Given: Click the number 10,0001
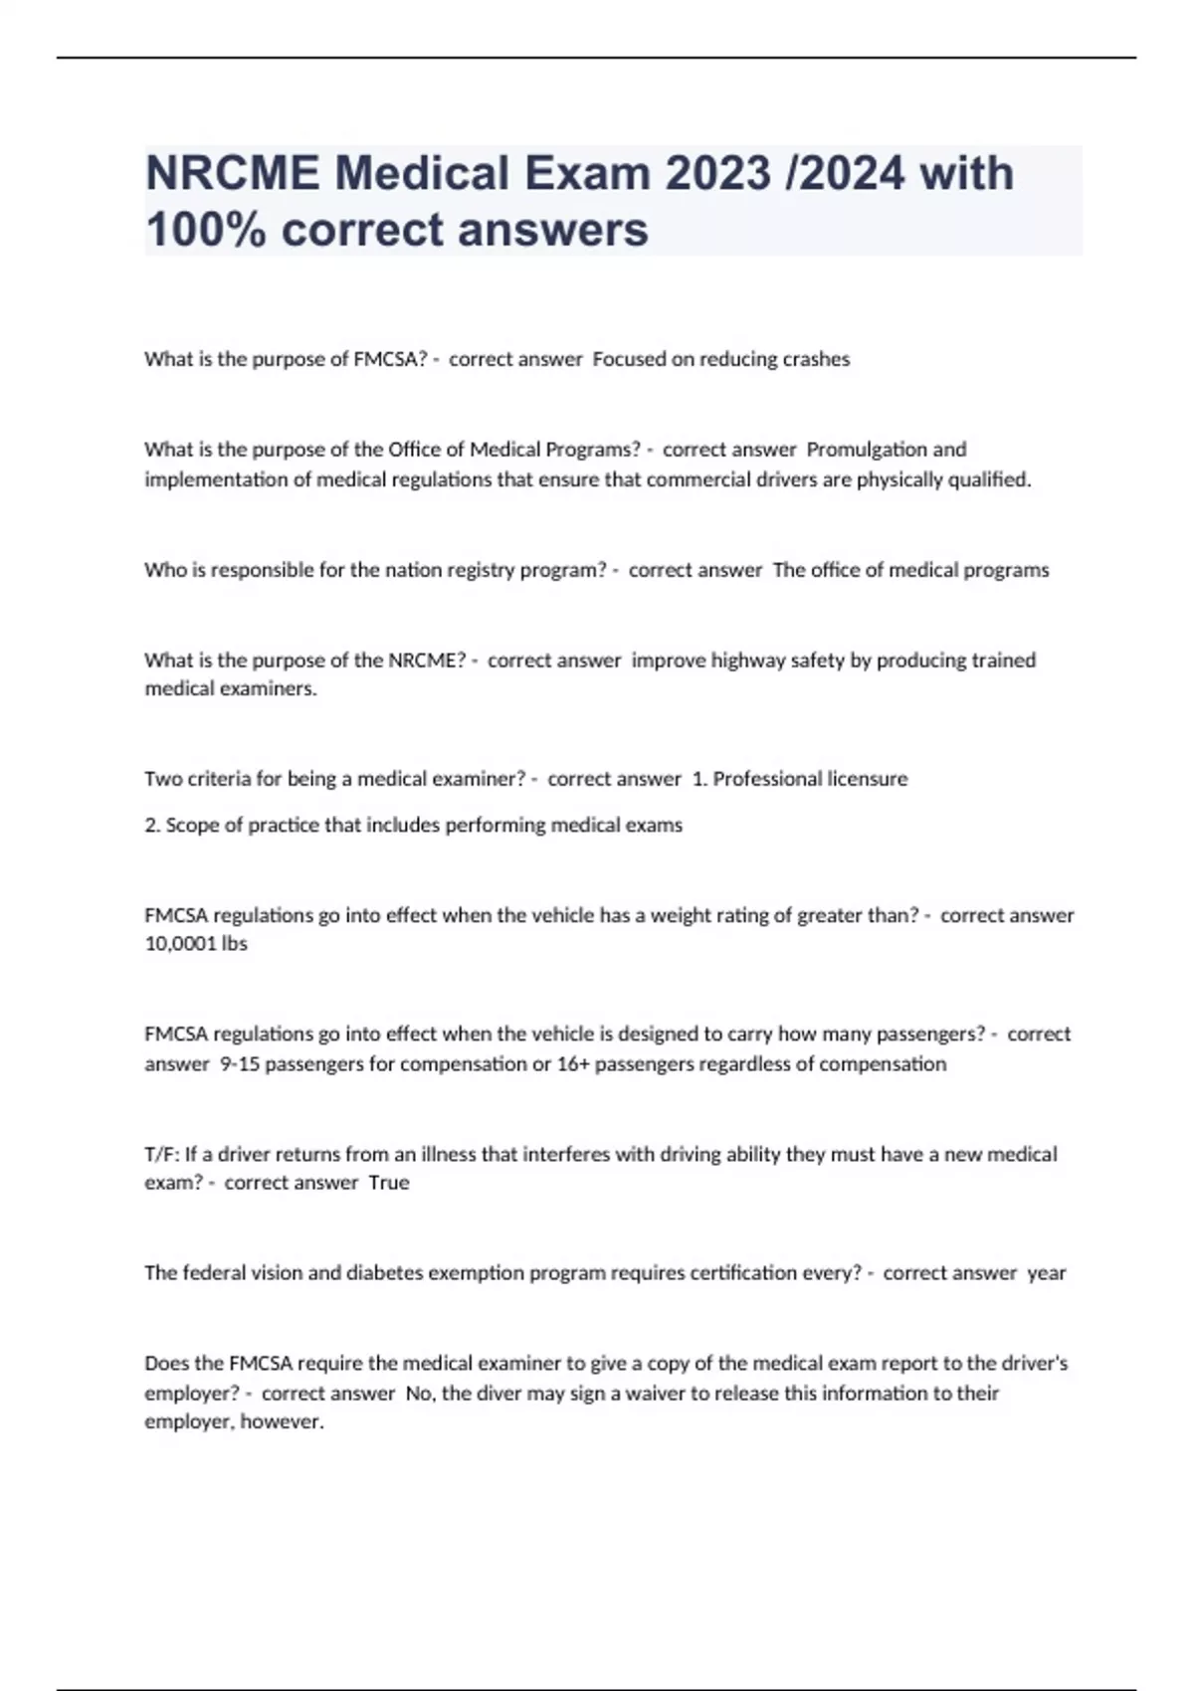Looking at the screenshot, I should click(180, 944).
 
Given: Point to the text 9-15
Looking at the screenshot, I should click(239, 1064).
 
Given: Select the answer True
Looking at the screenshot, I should click(389, 1183).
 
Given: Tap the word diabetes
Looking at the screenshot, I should click(384, 1273).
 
